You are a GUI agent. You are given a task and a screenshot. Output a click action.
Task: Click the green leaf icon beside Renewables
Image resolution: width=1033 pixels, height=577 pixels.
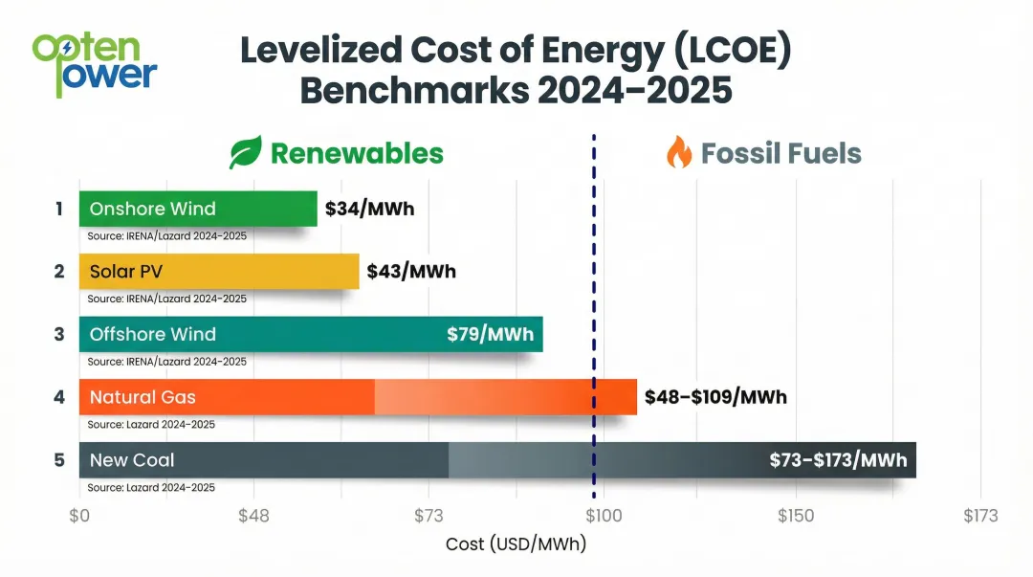pyautogui.click(x=245, y=153)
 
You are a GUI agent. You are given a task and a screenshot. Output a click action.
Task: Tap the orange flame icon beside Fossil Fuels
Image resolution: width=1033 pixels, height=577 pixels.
pyautogui.click(x=678, y=153)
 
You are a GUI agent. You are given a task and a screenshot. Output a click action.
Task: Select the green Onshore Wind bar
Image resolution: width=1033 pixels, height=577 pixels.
pyautogui.click(x=197, y=209)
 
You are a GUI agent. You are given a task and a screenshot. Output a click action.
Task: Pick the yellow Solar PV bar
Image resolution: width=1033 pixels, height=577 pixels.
pyautogui.click(x=218, y=271)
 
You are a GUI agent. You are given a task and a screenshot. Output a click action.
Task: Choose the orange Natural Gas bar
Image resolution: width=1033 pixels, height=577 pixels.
pyautogui.click(x=357, y=396)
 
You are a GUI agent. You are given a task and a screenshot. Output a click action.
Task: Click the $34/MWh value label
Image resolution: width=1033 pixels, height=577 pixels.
pyautogui.click(x=369, y=209)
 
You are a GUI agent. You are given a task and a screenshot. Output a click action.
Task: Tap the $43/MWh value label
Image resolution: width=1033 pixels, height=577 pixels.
pyautogui.click(x=411, y=272)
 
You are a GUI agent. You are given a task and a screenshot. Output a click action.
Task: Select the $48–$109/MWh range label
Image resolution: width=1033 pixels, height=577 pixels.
pyautogui.click(x=715, y=396)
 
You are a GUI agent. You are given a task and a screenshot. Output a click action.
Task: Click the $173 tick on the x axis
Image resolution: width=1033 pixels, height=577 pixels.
pyautogui.click(x=979, y=516)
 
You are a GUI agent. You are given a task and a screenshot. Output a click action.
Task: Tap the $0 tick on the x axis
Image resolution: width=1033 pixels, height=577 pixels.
pyautogui.click(x=79, y=516)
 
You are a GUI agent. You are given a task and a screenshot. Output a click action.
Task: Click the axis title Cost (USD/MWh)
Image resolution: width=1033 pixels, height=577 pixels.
pyautogui.click(x=516, y=544)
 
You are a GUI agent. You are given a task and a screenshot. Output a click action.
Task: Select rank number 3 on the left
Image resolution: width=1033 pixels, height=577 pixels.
pyautogui.click(x=59, y=334)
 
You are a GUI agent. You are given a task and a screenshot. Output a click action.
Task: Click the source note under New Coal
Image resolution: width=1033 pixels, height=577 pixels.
pyautogui.click(x=151, y=487)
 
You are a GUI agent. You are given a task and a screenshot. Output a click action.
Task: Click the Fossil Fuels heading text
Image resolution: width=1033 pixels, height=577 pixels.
pyautogui.click(x=780, y=153)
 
